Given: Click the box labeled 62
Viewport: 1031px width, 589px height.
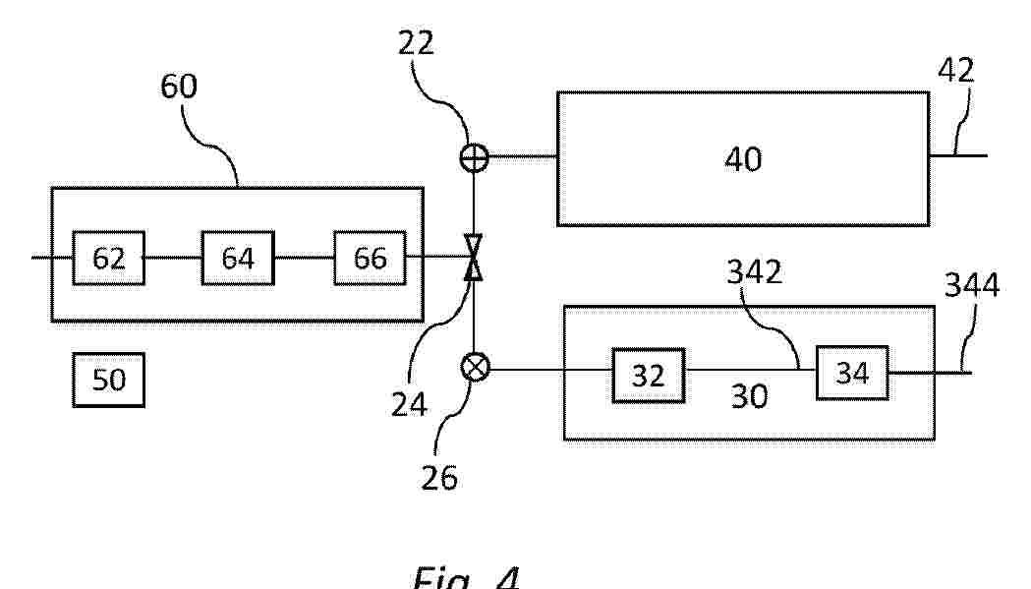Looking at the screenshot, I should click(108, 258).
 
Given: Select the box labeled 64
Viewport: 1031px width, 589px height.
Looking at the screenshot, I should click(238, 258).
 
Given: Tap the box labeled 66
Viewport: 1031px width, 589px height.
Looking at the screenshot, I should click(370, 258).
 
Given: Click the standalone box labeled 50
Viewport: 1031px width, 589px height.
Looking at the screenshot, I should click(108, 380).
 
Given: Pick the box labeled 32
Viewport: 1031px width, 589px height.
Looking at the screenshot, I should click(648, 375).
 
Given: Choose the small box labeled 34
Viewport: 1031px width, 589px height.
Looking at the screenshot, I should click(851, 373).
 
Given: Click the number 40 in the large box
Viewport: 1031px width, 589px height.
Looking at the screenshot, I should click(742, 159).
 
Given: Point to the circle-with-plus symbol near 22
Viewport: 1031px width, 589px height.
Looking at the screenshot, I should click(474, 156).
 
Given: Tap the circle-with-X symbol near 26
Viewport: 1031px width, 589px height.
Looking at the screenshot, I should click(474, 369).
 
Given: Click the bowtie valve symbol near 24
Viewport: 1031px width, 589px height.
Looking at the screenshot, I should click(474, 258).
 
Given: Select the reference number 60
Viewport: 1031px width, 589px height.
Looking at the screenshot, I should click(178, 88).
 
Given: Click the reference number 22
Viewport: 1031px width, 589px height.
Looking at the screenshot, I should click(416, 43).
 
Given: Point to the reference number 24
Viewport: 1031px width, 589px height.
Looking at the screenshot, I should click(410, 402).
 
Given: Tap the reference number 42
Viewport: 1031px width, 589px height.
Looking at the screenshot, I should click(955, 71).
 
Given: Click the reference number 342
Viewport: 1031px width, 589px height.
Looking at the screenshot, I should click(754, 272).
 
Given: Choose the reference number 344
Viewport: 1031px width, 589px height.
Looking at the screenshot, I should click(971, 285).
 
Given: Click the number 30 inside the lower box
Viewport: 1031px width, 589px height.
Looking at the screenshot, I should click(749, 396).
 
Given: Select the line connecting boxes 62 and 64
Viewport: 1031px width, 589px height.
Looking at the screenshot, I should click(173, 258).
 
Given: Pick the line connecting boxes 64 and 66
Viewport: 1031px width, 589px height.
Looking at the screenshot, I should click(304, 258).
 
